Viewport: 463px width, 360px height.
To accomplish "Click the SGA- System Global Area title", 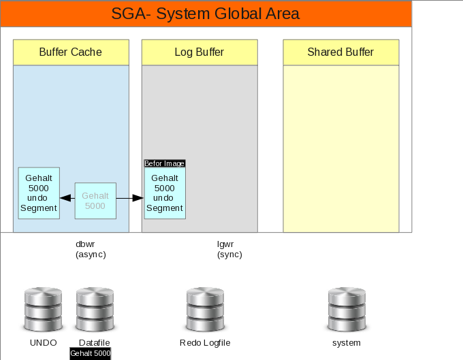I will coord(206,14).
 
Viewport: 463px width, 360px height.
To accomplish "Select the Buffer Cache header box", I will coord(71,52).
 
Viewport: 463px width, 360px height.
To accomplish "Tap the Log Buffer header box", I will coord(199,52).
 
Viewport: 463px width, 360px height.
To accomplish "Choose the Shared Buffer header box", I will coord(340,52).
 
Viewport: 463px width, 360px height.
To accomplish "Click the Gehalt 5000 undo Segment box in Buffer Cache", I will coord(39,193).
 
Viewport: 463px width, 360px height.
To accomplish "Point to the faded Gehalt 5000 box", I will coord(95,201).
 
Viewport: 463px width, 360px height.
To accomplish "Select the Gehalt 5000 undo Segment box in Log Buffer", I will coord(165,193).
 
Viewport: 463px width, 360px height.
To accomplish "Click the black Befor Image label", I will coord(165,163).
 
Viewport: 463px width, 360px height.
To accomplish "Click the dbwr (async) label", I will coord(91,249).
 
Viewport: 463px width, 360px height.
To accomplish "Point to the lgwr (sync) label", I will coord(229,249).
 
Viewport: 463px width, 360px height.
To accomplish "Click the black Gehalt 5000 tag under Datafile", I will coord(90,354).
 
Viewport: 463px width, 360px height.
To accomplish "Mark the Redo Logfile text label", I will coord(205,343).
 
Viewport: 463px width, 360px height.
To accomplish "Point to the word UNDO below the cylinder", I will coord(43,343).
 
